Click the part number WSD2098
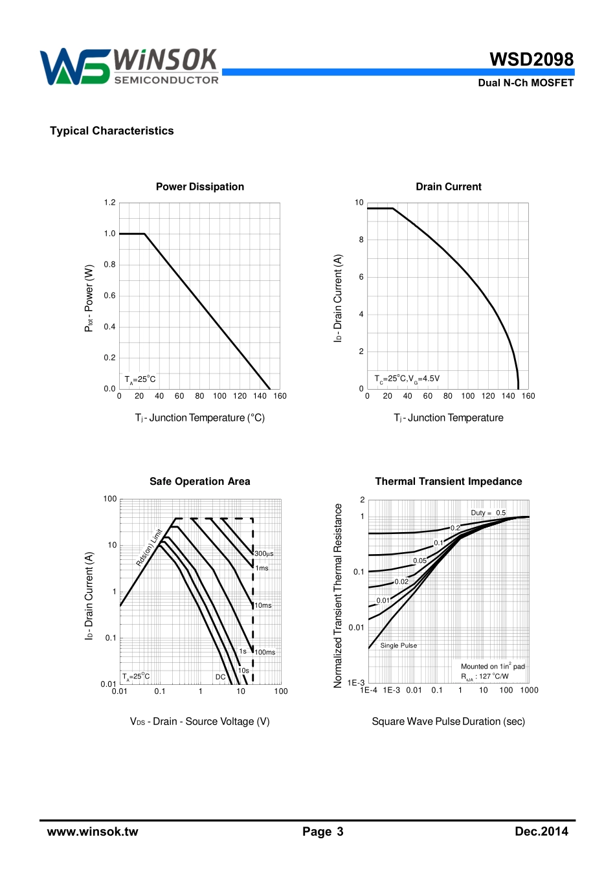click(x=531, y=60)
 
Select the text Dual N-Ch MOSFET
click(x=526, y=83)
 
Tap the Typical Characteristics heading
click(x=112, y=131)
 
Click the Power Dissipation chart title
click(x=200, y=186)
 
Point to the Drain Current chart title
click(x=449, y=186)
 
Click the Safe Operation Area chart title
click(x=199, y=481)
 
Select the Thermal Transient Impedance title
click(x=449, y=481)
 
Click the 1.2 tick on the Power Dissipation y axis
click(x=110, y=203)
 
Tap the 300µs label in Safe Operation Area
click(x=264, y=554)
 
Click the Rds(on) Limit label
click(x=150, y=548)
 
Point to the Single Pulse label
click(x=399, y=645)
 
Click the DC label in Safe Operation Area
click(x=221, y=677)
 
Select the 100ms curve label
click(x=265, y=652)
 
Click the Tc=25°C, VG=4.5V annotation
click(x=407, y=379)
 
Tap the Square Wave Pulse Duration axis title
click(x=448, y=721)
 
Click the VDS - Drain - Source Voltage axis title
click(x=199, y=721)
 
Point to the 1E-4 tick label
click(x=369, y=690)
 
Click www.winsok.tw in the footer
click(x=93, y=832)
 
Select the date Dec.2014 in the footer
click(x=541, y=832)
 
